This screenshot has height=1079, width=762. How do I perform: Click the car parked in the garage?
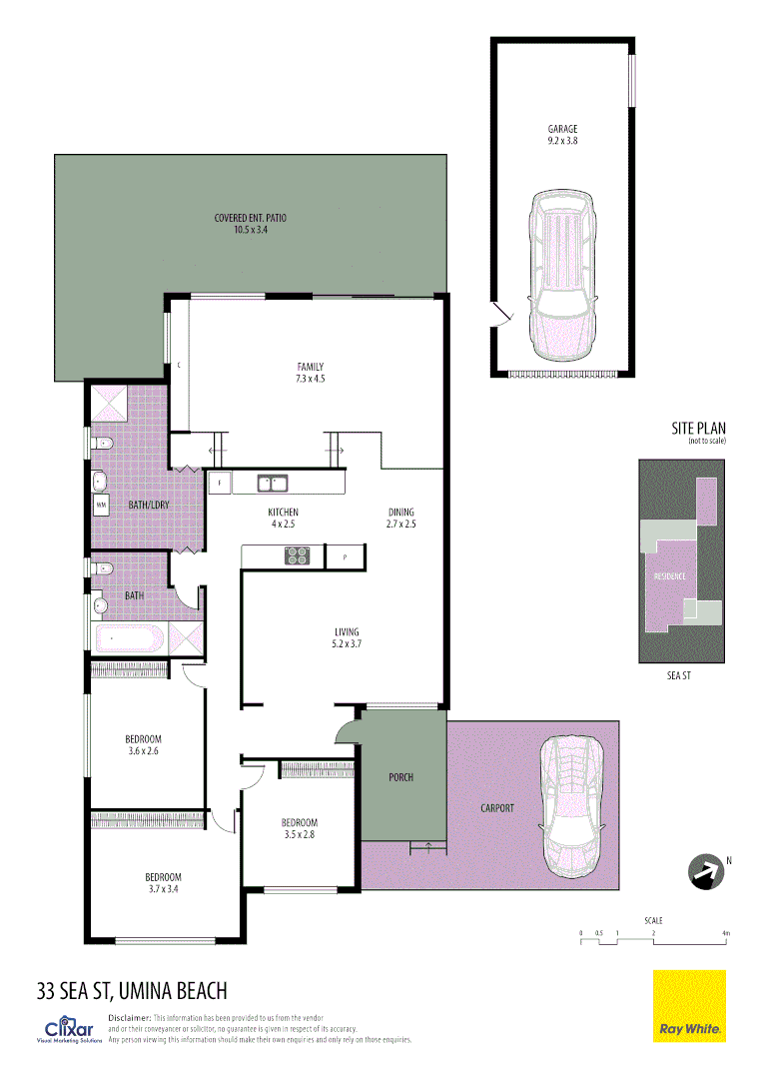click(x=562, y=275)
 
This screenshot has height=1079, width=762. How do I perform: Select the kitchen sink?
click(x=273, y=484)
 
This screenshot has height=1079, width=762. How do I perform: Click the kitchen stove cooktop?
click(x=297, y=555)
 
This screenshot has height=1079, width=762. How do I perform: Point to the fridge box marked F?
click(x=220, y=484)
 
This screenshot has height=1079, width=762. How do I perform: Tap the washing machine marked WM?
click(x=101, y=506)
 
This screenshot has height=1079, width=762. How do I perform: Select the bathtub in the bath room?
click(x=130, y=637)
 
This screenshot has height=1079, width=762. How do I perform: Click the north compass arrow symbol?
click(x=705, y=870)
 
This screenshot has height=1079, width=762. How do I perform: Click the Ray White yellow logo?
click(x=689, y=1006)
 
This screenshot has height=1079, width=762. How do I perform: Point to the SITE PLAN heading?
click(x=698, y=429)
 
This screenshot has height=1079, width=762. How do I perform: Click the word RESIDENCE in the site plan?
click(x=669, y=576)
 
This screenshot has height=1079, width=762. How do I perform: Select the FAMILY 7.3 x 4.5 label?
click(x=310, y=373)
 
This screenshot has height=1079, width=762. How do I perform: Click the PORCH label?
click(x=400, y=776)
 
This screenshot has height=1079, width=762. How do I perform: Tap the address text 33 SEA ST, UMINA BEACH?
click(x=132, y=991)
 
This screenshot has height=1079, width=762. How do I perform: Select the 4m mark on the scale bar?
click(x=726, y=934)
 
